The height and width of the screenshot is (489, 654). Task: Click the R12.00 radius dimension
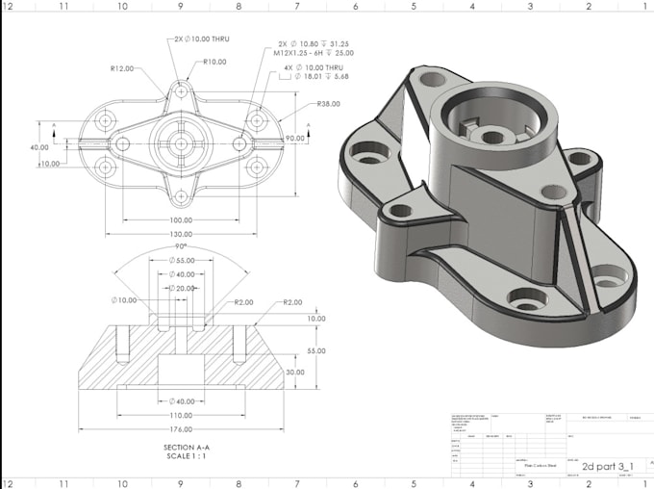(122, 68)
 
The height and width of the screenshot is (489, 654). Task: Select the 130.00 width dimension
(181, 235)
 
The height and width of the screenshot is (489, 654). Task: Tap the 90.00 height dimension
(293, 139)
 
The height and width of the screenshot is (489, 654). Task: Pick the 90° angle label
(181, 246)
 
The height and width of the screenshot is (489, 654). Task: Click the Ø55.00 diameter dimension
(181, 261)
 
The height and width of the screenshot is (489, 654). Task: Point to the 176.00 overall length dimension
(181, 428)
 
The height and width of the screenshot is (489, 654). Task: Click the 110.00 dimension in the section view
(181, 415)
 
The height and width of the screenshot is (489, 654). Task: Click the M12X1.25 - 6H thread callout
(314, 54)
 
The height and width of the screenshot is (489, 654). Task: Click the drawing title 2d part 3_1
(608, 465)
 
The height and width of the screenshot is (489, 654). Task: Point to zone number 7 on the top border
(297, 5)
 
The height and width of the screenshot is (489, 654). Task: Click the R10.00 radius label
(214, 62)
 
